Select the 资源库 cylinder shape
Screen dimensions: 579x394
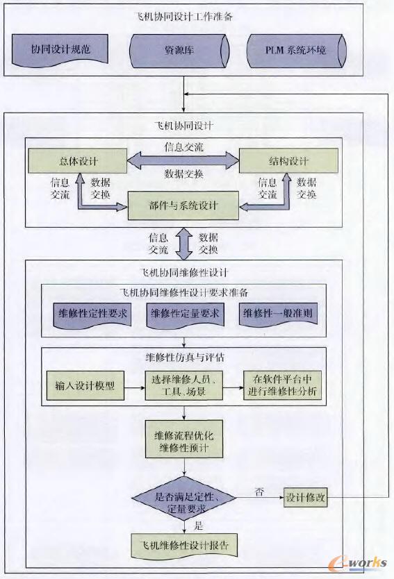(180, 51)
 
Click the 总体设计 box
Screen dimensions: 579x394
(78, 162)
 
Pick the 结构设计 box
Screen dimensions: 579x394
(288, 162)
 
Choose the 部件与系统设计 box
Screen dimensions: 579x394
(183, 205)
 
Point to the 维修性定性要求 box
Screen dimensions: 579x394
(92, 314)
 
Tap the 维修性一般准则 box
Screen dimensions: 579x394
(277, 314)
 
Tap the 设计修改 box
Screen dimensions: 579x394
(306, 498)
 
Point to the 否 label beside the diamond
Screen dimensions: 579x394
(259, 492)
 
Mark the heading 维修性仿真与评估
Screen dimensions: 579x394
(184, 358)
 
